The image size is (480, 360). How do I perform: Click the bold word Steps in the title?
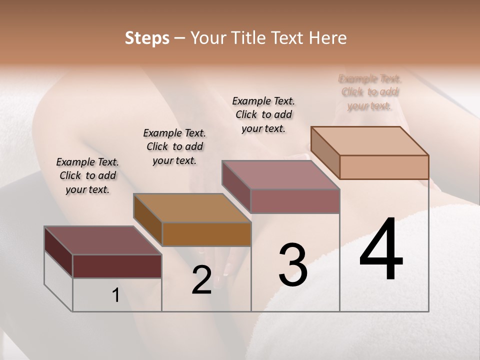click(x=147, y=38)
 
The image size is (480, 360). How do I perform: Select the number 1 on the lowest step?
click(x=116, y=295)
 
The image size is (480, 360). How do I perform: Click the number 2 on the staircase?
click(x=201, y=280)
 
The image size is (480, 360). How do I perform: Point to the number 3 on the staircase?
click(x=292, y=265)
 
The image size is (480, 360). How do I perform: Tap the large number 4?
click(x=381, y=250)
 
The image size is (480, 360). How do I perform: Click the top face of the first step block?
click(x=102, y=240)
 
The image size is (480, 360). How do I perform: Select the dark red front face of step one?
click(x=117, y=266)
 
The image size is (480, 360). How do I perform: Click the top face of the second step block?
click(x=192, y=208)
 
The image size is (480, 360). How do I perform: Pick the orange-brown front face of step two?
click(x=206, y=234)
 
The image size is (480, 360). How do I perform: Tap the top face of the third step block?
click(x=280, y=175)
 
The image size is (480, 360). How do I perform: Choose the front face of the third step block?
click(x=295, y=201)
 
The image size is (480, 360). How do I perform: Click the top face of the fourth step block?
click(x=369, y=141)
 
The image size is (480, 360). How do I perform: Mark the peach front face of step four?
click(x=384, y=167)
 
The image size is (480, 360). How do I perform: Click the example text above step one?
click(x=87, y=175)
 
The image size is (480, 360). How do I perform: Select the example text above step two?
click(x=174, y=146)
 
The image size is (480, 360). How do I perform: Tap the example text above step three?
click(x=263, y=114)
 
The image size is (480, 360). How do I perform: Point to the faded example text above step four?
click(x=370, y=92)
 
